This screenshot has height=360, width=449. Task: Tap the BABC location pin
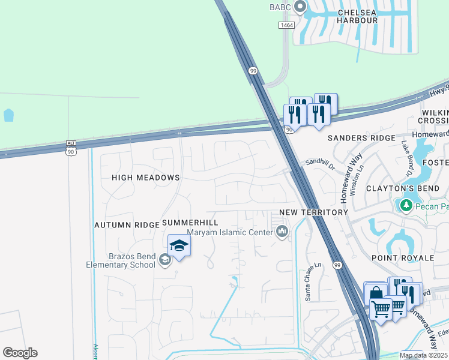click(x=300, y=7)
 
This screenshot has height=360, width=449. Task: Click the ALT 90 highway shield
click(x=71, y=148)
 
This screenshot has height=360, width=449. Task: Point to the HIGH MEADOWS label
click(x=146, y=178)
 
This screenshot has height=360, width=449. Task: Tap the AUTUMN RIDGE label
click(x=127, y=224)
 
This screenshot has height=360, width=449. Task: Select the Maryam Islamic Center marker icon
click(x=282, y=232)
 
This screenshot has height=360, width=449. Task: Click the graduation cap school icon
click(x=179, y=245)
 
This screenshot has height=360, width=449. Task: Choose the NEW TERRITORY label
click(x=314, y=212)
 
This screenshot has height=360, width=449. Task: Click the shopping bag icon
click(x=375, y=292)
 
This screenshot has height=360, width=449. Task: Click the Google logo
click(x=20, y=353)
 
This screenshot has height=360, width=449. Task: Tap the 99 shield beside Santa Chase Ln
click(x=337, y=265)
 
